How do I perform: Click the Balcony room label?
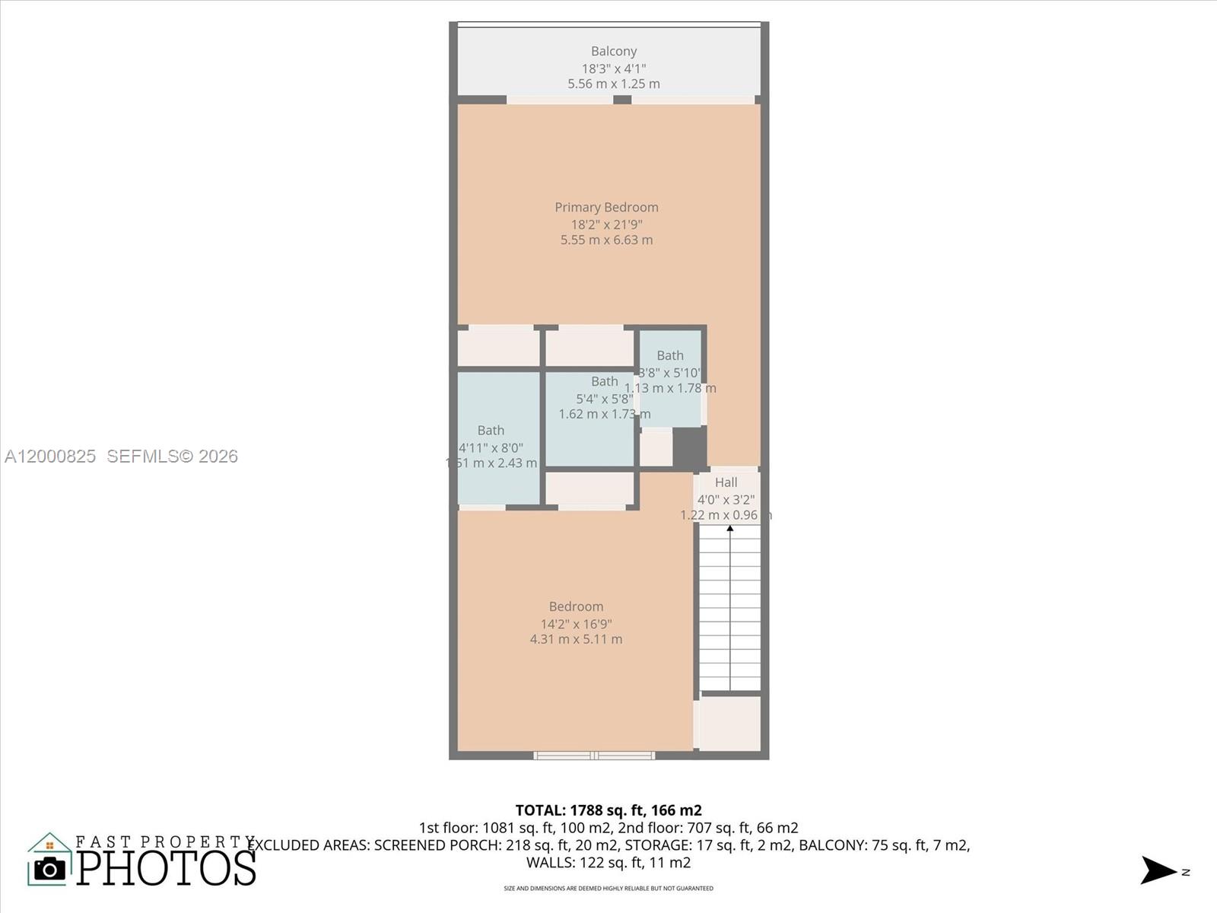click(x=613, y=51)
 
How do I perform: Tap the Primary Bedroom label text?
click(x=606, y=207)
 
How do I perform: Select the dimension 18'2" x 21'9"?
click(x=606, y=224)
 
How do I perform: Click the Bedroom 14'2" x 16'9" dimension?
click(x=576, y=623)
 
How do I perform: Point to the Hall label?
click(x=726, y=482)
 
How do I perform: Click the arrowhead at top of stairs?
click(x=730, y=527)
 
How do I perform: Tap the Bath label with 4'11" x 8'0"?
click(x=491, y=431)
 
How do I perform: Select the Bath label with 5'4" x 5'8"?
click(x=605, y=382)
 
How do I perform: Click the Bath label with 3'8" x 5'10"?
click(x=670, y=355)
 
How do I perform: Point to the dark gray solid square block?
click(x=690, y=447)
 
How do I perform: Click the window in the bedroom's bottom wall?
click(x=594, y=756)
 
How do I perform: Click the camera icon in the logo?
click(x=50, y=868)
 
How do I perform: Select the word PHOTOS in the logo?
click(x=166, y=868)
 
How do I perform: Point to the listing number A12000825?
click(x=50, y=456)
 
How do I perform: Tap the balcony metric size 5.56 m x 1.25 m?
click(x=613, y=84)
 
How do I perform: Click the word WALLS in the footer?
click(x=550, y=863)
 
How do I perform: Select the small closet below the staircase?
click(x=729, y=723)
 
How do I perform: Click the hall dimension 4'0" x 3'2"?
click(x=726, y=499)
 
